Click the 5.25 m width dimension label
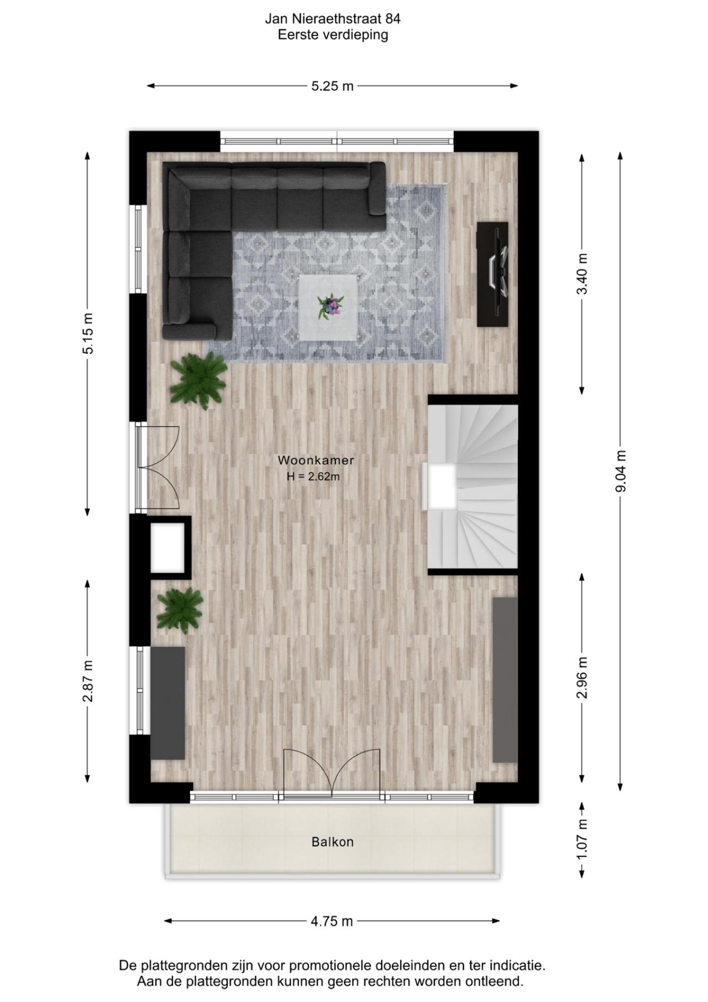pyautogui.click(x=332, y=86)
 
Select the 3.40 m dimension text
pyautogui.click(x=582, y=274)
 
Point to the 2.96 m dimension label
pyautogui.click(x=582, y=678)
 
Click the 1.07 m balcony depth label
pyautogui.click(x=582, y=839)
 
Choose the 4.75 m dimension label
pyautogui.click(x=332, y=921)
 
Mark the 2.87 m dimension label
pyautogui.click(x=88, y=681)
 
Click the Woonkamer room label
pyautogui.click(x=316, y=460)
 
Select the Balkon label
pyautogui.click(x=332, y=842)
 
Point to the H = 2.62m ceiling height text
pyautogui.click(x=313, y=476)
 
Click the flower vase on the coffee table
pyautogui.click(x=330, y=306)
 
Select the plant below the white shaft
pyautogui.click(x=179, y=609)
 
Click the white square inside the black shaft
pyautogui.click(x=168, y=548)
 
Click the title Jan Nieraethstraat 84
pyautogui.click(x=332, y=19)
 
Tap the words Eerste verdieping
pyautogui.click(x=332, y=35)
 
